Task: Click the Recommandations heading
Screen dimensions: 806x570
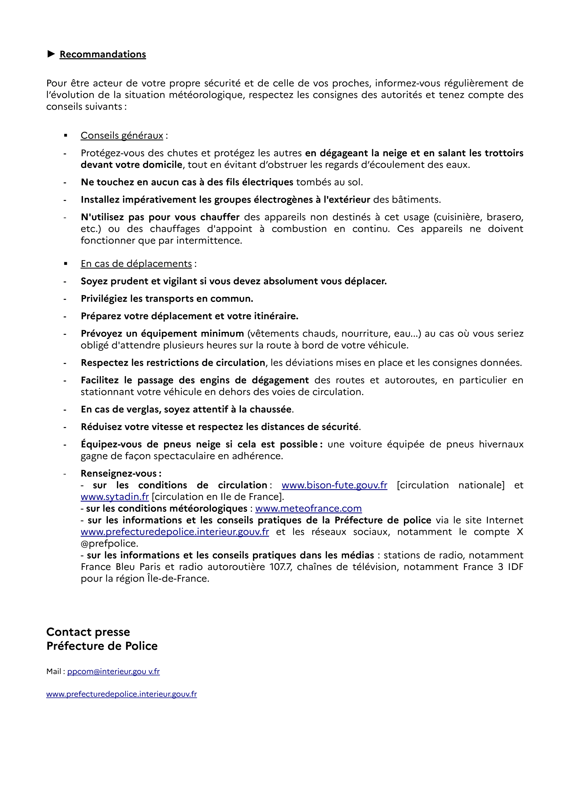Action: pos(102,54)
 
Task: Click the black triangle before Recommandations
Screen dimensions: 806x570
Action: pos(51,54)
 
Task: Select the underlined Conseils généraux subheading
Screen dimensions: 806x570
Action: pos(122,135)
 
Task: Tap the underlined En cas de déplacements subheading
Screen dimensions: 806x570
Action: pos(136,264)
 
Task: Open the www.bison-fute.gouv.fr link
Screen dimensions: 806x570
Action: pos(334,485)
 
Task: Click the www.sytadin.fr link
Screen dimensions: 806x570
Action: pos(115,497)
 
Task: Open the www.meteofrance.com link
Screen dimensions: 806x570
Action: pos(308,508)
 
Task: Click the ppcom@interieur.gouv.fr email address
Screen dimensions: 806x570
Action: pos(113,671)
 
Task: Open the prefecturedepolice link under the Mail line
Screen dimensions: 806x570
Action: pos(121,694)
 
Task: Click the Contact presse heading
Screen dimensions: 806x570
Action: pos(88,632)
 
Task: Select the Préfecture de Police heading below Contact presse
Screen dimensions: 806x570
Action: pos(102,646)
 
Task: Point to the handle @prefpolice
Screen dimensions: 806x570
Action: pos(109,543)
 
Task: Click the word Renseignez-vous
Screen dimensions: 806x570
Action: pos(119,473)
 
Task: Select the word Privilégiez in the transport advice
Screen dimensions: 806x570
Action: pos(104,299)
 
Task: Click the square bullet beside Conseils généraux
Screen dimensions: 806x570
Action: pos(65,135)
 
